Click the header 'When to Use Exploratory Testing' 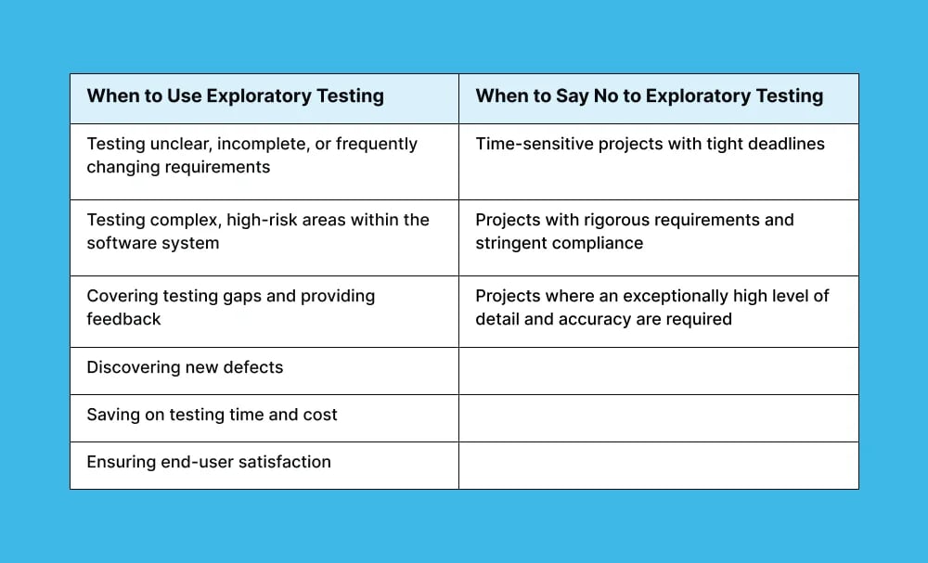235,96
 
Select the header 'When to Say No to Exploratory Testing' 649,96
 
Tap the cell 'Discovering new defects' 185,367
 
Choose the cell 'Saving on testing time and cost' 212,415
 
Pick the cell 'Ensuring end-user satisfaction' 209,462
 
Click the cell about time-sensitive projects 650,144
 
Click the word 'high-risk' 261,220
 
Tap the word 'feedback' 123,319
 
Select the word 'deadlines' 787,144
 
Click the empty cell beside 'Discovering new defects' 658,371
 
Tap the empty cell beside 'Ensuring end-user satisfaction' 658,466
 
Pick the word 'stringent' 511,243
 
